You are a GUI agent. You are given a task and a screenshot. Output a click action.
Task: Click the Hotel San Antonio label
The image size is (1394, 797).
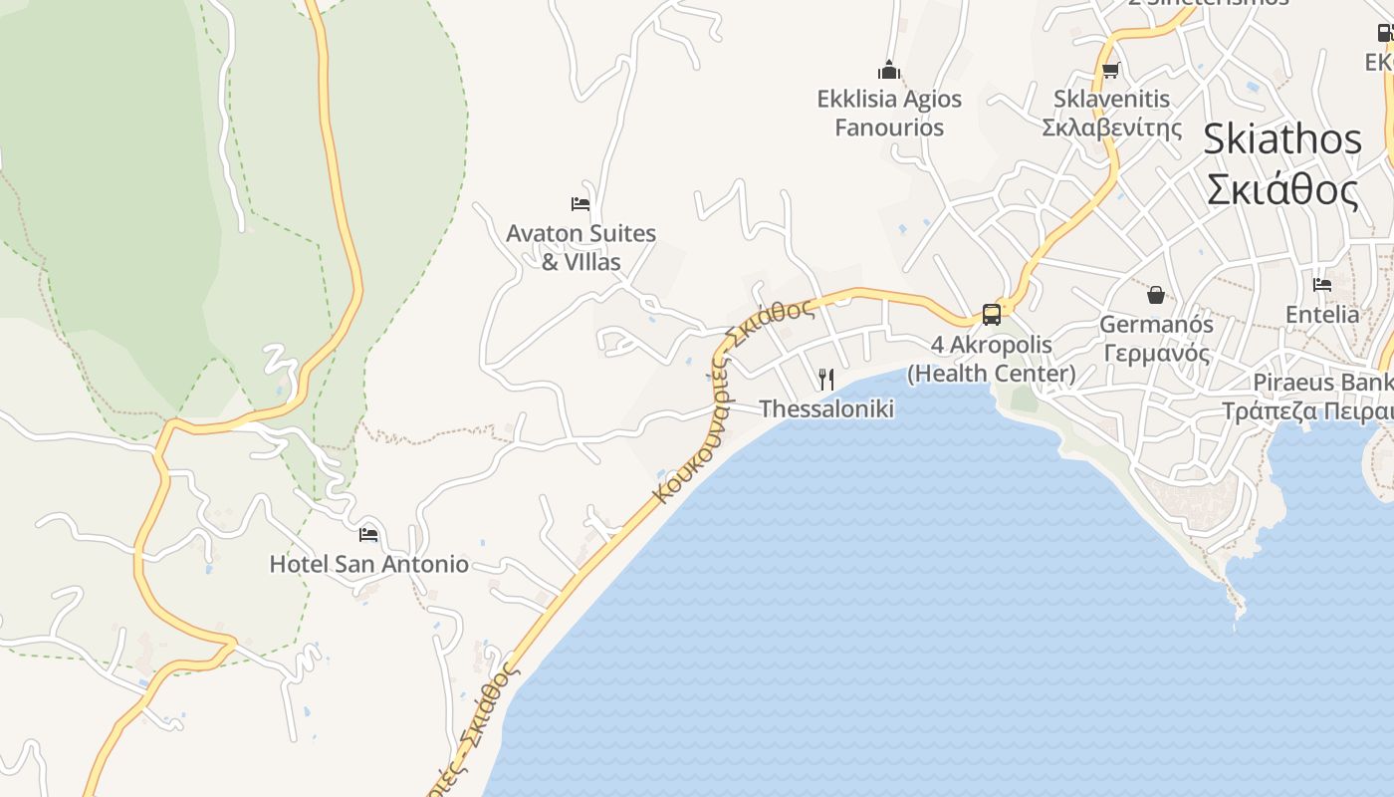pos(368,564)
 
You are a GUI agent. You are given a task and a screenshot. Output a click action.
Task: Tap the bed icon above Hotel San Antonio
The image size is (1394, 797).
pos(368,535)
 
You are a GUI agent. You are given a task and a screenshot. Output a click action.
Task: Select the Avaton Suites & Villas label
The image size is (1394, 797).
pos(581,247)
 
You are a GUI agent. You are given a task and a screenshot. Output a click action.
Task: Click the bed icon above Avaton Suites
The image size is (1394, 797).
pos(581,204)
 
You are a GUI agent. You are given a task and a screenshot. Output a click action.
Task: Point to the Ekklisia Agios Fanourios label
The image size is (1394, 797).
pos(889,113)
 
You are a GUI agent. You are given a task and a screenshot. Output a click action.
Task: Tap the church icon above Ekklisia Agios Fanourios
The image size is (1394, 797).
pos(889,70)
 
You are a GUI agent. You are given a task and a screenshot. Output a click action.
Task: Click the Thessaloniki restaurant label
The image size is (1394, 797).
pos(826,408)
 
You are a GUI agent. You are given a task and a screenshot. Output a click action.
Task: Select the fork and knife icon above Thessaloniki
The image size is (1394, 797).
pos(825,380)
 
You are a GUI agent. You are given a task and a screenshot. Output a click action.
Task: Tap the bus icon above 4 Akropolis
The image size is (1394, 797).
pos(992,315)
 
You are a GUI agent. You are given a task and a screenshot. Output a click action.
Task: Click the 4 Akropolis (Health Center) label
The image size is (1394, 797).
pos(992,359)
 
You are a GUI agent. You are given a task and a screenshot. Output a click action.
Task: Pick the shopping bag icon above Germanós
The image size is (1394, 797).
pos(1156,295)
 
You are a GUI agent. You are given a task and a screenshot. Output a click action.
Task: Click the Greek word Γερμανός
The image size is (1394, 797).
pos(1156,354)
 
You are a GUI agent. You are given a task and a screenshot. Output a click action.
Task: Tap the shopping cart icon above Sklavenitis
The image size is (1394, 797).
pos(1111,70)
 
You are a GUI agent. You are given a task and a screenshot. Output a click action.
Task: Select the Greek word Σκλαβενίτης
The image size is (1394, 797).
pos(1111,128)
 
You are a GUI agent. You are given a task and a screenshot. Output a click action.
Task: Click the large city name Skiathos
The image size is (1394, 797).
pos(1282,139)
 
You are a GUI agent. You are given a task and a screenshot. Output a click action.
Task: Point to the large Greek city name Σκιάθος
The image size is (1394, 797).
pos(1282,189)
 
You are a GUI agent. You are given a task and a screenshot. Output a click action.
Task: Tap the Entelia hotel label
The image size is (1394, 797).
pos(1322,315)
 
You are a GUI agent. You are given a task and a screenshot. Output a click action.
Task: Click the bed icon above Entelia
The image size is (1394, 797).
pos(1322,285)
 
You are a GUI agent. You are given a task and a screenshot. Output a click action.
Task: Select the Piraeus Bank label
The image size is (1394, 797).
pos(1322,383)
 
